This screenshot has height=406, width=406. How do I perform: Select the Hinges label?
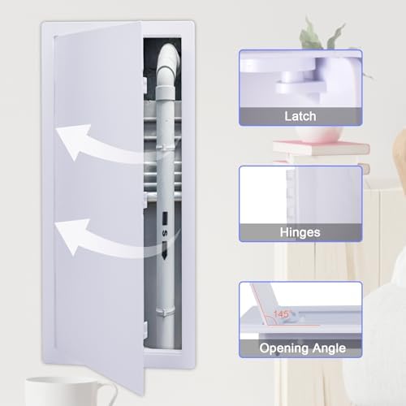pos(300,232)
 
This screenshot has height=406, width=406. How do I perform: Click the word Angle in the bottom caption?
pos(330,348)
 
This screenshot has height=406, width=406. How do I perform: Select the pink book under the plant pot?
pos(321,149)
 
